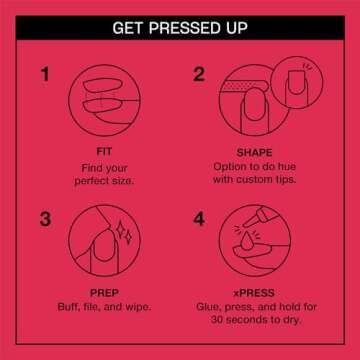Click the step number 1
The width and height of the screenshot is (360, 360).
[x=43, y=76]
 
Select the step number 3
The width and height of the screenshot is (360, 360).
[x=43, y=216]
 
